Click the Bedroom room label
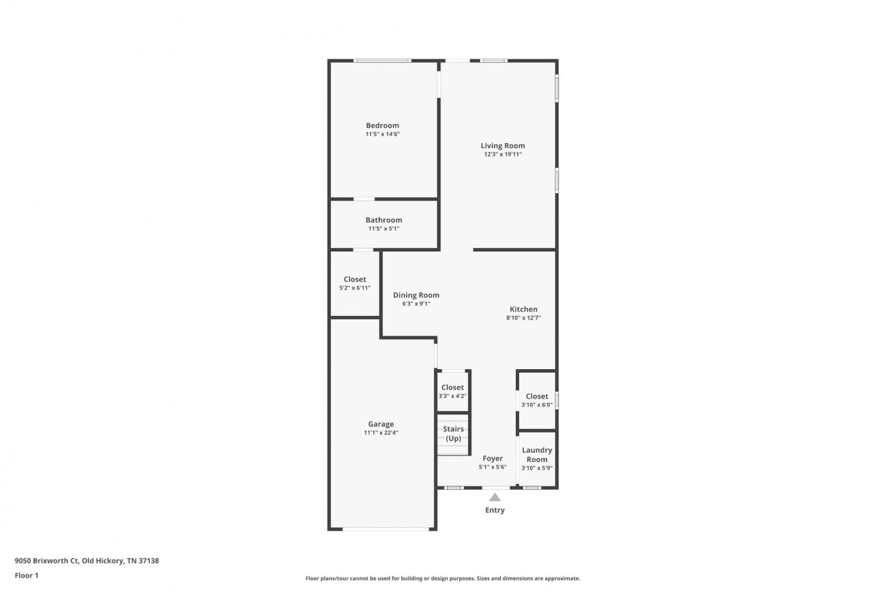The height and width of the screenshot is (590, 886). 382,125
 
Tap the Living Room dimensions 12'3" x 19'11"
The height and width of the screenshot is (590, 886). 503,154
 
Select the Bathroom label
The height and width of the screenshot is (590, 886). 384,220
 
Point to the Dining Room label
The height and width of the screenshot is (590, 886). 416,295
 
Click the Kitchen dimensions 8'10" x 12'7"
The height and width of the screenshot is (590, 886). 523,318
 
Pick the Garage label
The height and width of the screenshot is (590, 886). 381,424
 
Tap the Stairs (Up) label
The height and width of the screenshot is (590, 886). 453,433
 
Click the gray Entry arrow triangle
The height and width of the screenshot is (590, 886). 495,497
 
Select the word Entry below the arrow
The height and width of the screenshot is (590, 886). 495,510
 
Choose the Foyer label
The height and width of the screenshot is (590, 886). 493,458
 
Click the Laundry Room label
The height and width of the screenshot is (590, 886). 537,455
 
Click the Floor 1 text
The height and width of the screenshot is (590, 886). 27,575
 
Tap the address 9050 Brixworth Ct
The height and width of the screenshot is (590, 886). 47,560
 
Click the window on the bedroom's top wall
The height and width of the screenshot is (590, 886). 382,60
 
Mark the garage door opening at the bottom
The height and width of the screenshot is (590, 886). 386,529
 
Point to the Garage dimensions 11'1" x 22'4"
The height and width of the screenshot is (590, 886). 381,433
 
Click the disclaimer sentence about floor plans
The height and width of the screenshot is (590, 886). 442,578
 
